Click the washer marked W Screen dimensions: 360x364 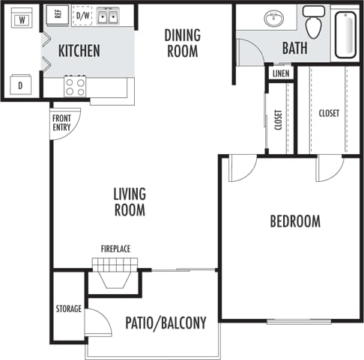point(22,19)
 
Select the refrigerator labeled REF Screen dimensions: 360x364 point(55,16)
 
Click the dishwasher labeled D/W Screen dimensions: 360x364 point(82,16)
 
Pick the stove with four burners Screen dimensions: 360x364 point(75,86)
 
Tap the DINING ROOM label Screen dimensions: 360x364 point(181,44)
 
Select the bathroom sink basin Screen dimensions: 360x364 point(273,18)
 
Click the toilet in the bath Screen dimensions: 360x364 point(314,23)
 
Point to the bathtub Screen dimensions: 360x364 point(346,34)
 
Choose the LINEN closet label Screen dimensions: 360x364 point(281,73)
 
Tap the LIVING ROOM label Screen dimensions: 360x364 point(129,202)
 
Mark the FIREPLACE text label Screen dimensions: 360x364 point(116,248)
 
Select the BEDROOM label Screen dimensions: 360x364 point(294,222)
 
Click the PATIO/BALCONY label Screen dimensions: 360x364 point(165,323)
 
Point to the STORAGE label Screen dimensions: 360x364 point(68,308)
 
